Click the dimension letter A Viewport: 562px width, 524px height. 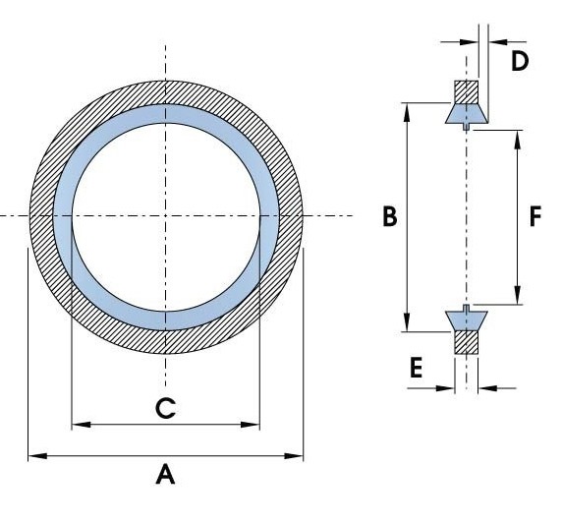point(165,474)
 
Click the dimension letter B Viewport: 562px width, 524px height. point(390,216)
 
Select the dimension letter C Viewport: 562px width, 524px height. point(166,408)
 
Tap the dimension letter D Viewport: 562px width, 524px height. point(520,61)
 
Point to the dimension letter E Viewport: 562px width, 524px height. point(417,368)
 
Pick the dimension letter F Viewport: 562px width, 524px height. point(535,216)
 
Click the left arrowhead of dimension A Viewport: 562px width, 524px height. point(37,456)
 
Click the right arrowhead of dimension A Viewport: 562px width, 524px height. point(294,456)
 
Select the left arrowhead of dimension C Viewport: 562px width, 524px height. point(81,425)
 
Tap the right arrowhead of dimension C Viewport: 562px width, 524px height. point(251,425)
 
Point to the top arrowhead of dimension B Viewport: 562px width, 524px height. point(407,113)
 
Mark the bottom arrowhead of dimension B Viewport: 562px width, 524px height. point(407,322)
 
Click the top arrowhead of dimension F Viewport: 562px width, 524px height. point(517,140)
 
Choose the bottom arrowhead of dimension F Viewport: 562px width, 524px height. point(517,295)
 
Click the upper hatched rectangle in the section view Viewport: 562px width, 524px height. point(467,91)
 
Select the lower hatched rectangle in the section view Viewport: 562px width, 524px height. point(467,343)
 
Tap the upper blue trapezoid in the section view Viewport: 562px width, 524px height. point(467,114)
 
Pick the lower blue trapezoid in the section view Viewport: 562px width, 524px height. point(467,320)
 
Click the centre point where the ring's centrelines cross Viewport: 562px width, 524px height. point(165,215)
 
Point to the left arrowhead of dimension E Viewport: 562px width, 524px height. point(445,388)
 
